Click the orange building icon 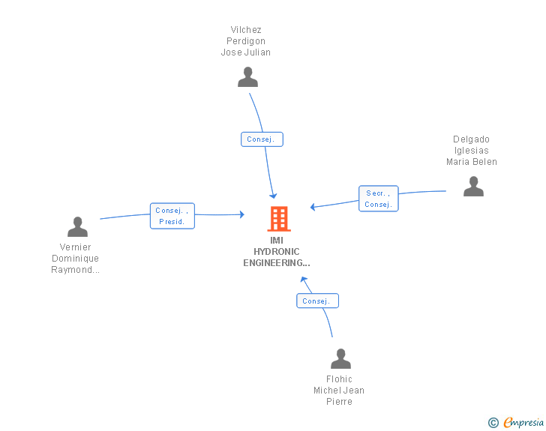click(x=279, y=219)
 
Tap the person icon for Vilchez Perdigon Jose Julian click(x=247, y=77)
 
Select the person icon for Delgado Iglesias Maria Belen click(x=473, y=186)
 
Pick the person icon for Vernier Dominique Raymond click(x=78, y=226)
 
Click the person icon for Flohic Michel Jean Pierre click(x=340, y=358)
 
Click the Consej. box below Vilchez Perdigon click(x=262, y=139)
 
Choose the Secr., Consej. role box click(x=379, y=199)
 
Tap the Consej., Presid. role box click(x=172, y=216)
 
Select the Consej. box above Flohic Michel click(x=317, y=301)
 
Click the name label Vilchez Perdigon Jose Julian click(x=246, y=41)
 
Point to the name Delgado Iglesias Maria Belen click(x=472, y=151)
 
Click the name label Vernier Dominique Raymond click(x=75, y=259)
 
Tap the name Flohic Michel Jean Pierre click(x=339, y=391)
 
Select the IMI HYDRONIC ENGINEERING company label click(x=277, y=251)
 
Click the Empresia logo click(x=523, y=422)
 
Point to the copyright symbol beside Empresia click(x=493, y=423)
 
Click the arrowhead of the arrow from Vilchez click(x=274, y=196)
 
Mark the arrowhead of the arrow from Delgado click(x=312, y=207)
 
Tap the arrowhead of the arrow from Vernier click(x=242, y=214)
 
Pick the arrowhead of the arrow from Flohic click(x=303, y=279)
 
